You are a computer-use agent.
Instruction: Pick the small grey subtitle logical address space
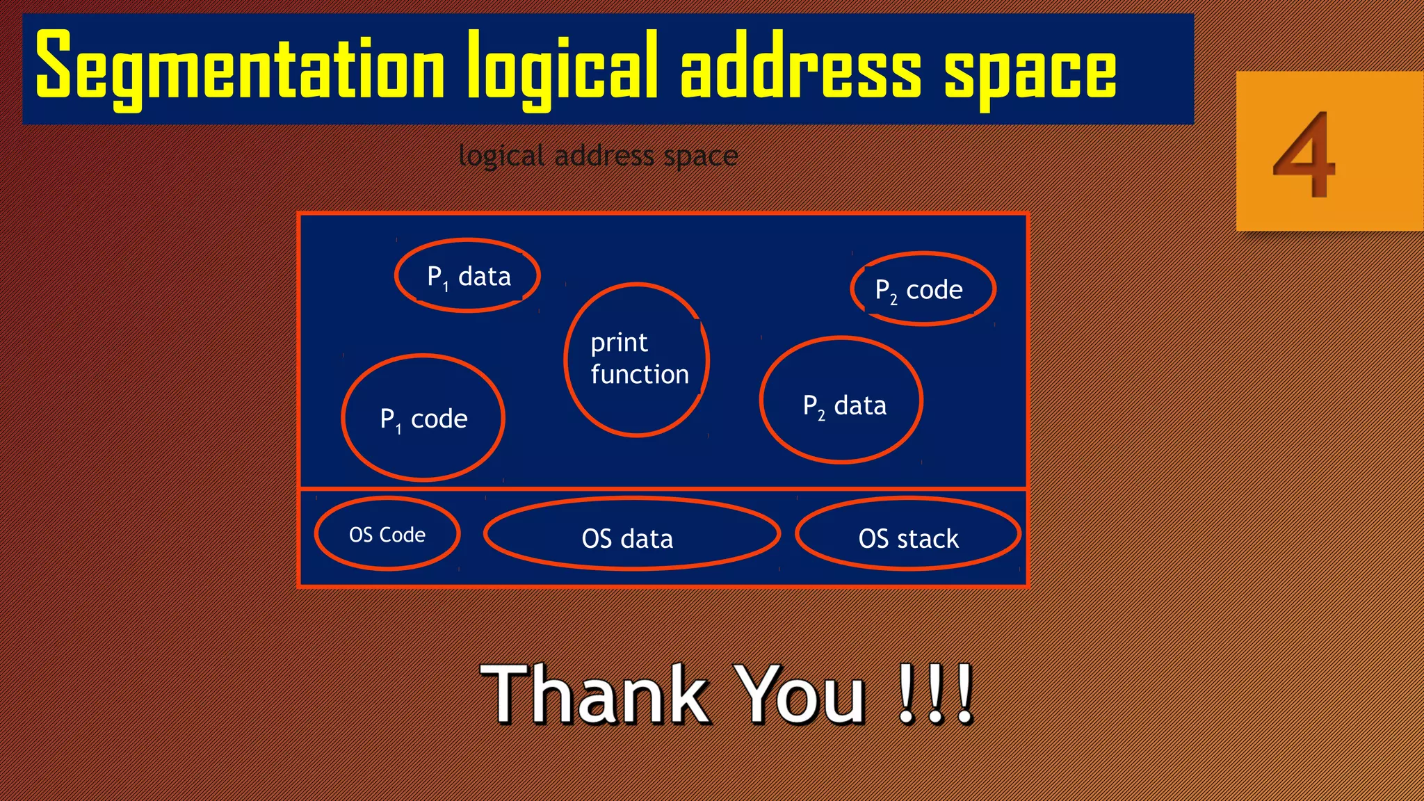598,156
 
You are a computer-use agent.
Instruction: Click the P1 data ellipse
468,276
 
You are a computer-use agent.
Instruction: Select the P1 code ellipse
423,418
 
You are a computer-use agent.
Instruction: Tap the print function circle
637,359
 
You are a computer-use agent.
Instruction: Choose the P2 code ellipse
923,289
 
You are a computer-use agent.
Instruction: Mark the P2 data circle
841,400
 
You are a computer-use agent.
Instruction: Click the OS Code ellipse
387,534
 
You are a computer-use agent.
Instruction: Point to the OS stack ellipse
908,534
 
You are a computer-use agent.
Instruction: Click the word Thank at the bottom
594,694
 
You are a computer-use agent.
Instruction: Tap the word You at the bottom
802,694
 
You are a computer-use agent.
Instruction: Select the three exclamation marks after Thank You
935,694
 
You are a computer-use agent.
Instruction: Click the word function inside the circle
640,375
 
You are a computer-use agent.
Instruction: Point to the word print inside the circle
619,343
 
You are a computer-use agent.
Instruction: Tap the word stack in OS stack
928,539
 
